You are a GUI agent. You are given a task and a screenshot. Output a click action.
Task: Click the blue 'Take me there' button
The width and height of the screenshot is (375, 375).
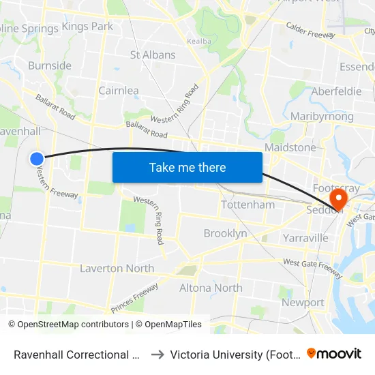187,167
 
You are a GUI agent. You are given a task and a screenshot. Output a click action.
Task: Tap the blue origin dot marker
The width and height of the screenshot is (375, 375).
37,159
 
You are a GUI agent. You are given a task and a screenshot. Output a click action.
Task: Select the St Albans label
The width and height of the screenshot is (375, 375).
153,55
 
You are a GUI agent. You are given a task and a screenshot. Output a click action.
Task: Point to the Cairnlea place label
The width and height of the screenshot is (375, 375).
119,91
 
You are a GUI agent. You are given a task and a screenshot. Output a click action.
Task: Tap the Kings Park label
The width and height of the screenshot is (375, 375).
87,27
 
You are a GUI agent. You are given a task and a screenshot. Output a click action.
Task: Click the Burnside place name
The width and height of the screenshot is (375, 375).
50,66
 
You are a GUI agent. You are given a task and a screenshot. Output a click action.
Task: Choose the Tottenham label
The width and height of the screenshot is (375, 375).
248,205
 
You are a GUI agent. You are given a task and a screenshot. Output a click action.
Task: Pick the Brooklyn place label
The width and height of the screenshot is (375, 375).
226,233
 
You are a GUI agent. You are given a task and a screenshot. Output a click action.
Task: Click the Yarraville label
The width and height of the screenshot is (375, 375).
305,238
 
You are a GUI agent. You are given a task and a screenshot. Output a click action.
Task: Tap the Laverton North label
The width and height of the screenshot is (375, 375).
117,269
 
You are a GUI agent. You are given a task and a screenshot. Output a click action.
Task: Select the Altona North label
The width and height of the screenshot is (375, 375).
211,288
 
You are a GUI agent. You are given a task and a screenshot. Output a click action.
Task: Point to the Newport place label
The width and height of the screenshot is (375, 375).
303,302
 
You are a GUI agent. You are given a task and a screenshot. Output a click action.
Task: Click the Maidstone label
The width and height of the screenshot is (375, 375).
290,147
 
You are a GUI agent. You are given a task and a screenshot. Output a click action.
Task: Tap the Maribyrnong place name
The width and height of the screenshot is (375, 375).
322,117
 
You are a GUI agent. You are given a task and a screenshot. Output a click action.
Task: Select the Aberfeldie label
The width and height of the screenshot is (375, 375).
336,91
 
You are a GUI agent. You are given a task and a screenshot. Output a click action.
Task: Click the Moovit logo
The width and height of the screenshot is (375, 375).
334,354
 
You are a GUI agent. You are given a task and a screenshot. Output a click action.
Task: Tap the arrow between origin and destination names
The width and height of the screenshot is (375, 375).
156,355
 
